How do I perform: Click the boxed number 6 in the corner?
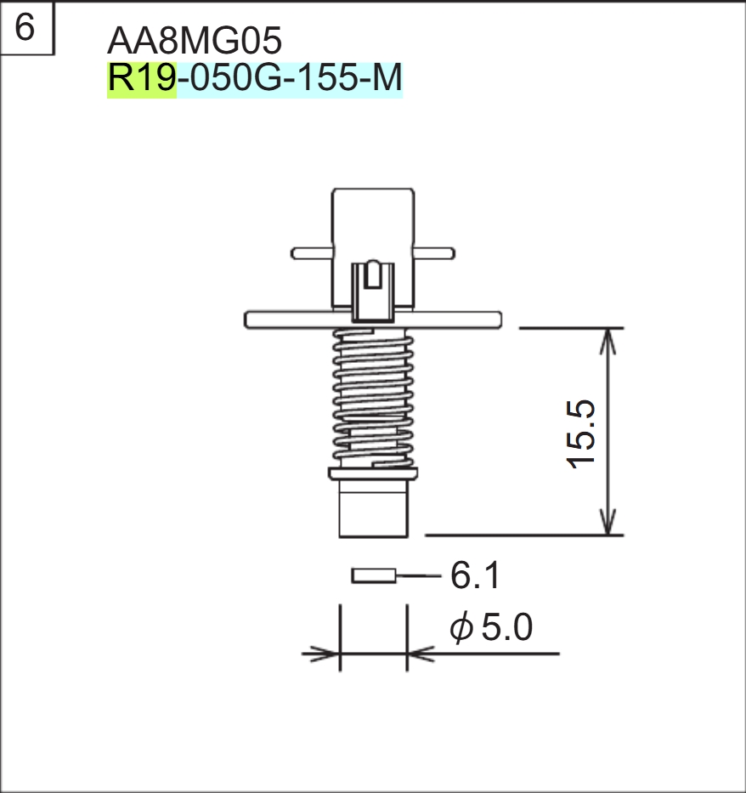[25, 28]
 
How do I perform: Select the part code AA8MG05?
[195, 40]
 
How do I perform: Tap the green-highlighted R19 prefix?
[141, 80]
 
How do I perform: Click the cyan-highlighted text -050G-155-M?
[289, 80]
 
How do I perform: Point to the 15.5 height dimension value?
[585, 433]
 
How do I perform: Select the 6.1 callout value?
[475, 576]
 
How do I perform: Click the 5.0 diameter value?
[506, 629]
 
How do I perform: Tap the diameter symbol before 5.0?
[461, 630]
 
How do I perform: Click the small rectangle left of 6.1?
[374, 576]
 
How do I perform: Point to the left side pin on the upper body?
[311, 252]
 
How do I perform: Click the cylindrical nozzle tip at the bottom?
[374, 510]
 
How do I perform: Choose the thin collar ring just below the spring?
[374, 473]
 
